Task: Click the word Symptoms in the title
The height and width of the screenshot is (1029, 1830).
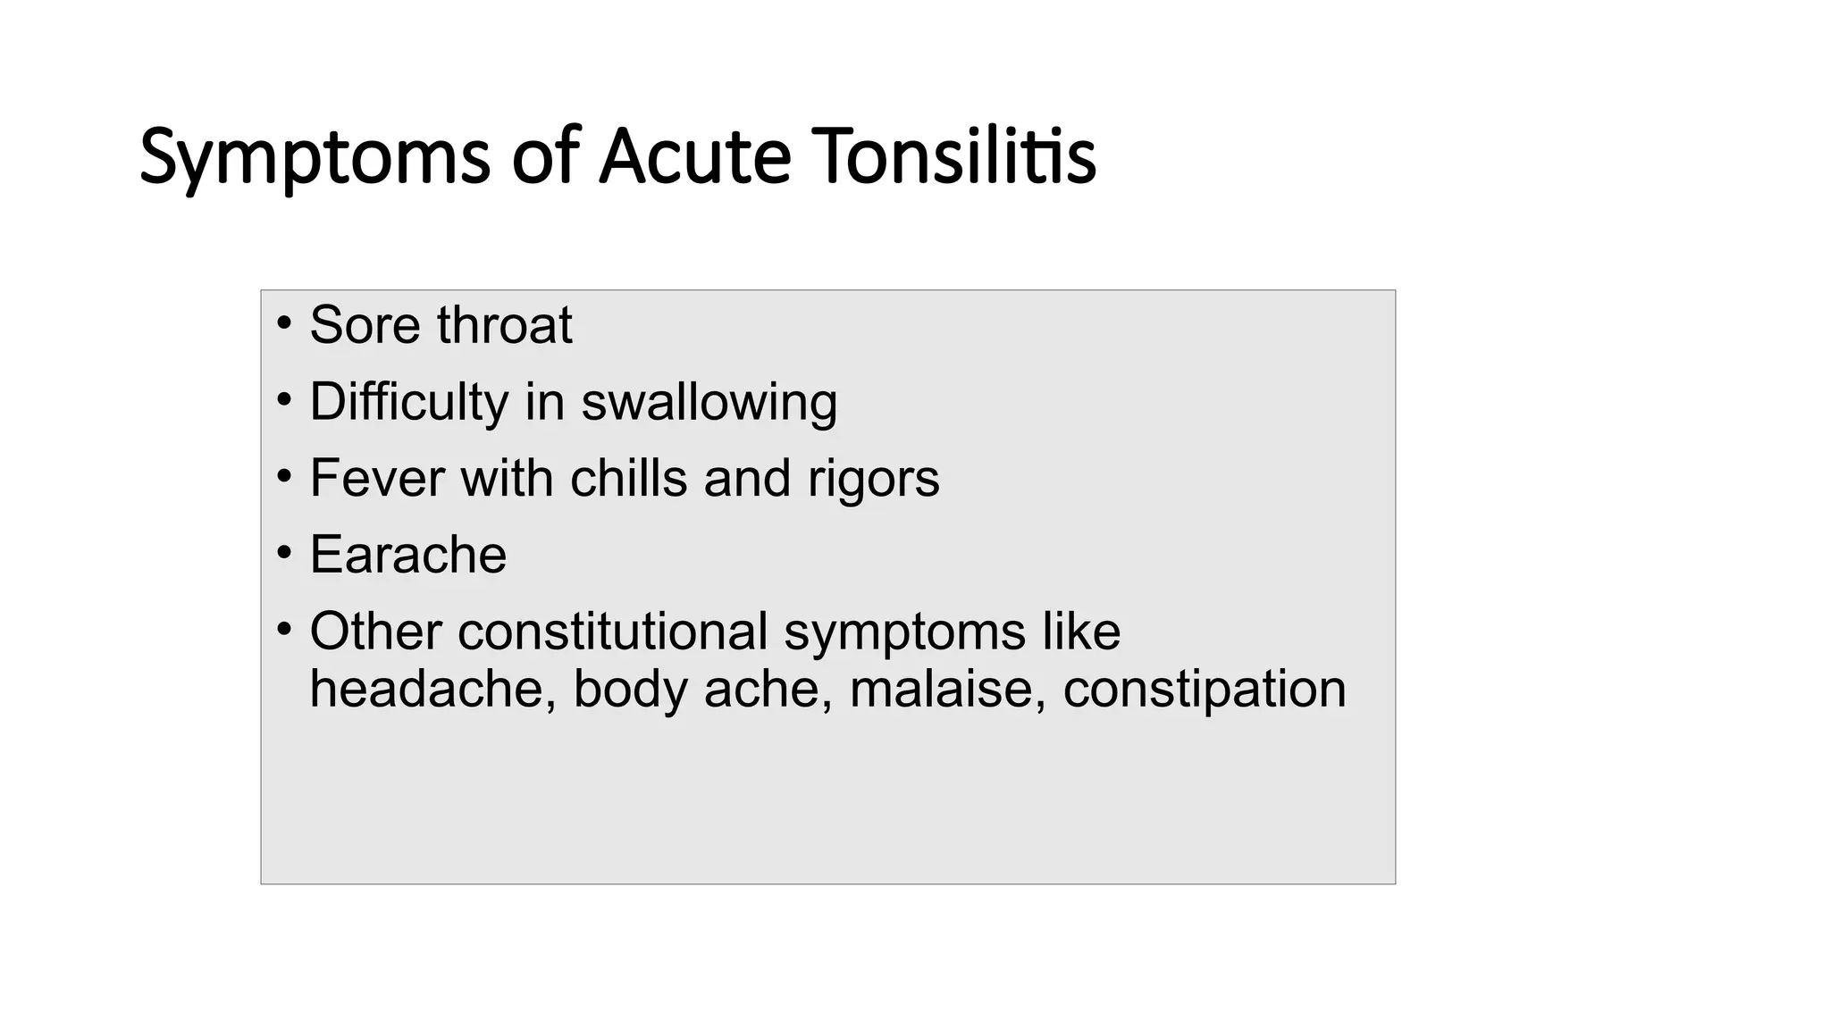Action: pos(315,157)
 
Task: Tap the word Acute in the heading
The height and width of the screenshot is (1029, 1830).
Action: pos(694,157)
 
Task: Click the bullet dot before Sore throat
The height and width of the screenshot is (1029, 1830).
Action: pos(284,322)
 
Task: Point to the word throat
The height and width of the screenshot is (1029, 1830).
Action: pos(504,324)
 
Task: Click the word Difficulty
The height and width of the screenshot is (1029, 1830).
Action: pos(408,401)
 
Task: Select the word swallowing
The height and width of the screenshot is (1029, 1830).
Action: pos(709,401)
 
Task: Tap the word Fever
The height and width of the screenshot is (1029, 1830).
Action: pos(376,478)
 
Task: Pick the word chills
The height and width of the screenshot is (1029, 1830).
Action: pos(628,478)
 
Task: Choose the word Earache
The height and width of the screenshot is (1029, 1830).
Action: pos(407,555)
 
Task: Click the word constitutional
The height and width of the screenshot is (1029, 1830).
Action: pos(612,632)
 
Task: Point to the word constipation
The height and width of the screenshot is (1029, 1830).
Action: pos(1204,690)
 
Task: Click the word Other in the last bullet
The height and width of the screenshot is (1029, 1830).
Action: pos(375,632)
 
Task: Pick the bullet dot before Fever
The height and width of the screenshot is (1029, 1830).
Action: pos(284,476)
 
